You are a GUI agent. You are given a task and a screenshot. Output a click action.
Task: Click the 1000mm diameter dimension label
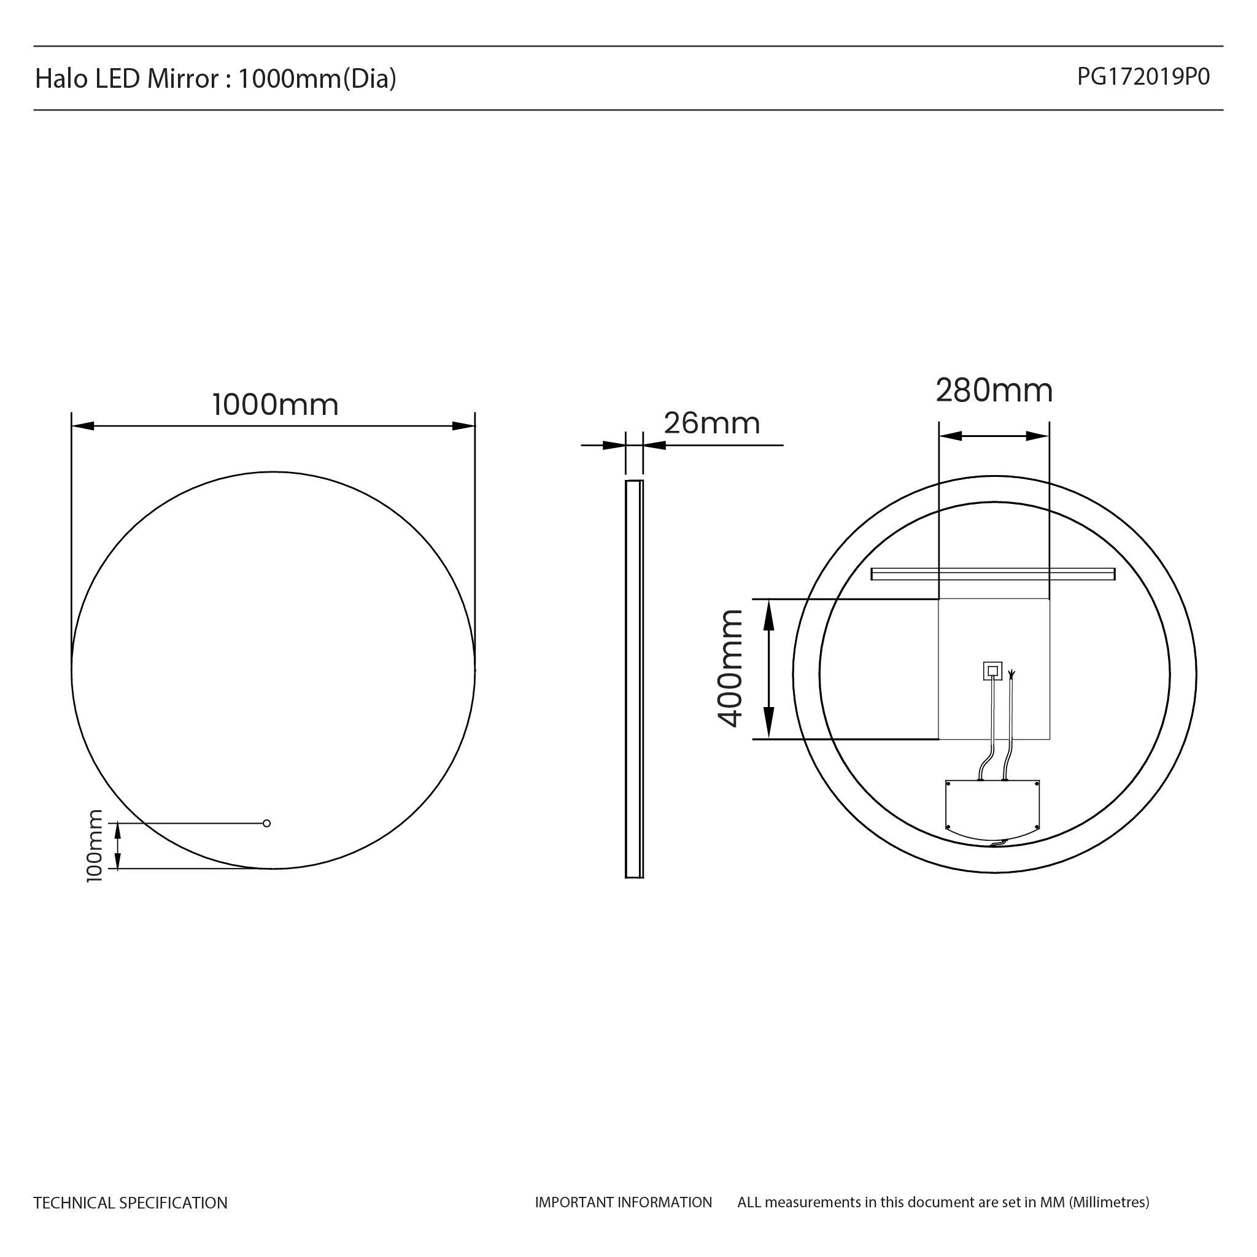[275, 404]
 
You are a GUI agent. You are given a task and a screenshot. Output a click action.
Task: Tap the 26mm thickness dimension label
[712, 424]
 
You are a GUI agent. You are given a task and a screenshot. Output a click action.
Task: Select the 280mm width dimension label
[994, 390]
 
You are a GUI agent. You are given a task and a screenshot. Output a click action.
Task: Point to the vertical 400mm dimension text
[730, 668]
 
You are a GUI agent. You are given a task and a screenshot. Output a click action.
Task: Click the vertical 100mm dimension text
[95, 846]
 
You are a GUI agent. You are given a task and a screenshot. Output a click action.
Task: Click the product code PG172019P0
[1142, 77]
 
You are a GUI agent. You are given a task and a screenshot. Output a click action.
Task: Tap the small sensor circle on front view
[267, 823]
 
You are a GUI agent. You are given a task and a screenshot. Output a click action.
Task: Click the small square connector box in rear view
[992, 670]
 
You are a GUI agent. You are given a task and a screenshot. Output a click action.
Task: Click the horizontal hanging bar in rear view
[993, 574]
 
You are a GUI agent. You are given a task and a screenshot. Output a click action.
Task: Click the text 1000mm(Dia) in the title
[317, 79]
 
